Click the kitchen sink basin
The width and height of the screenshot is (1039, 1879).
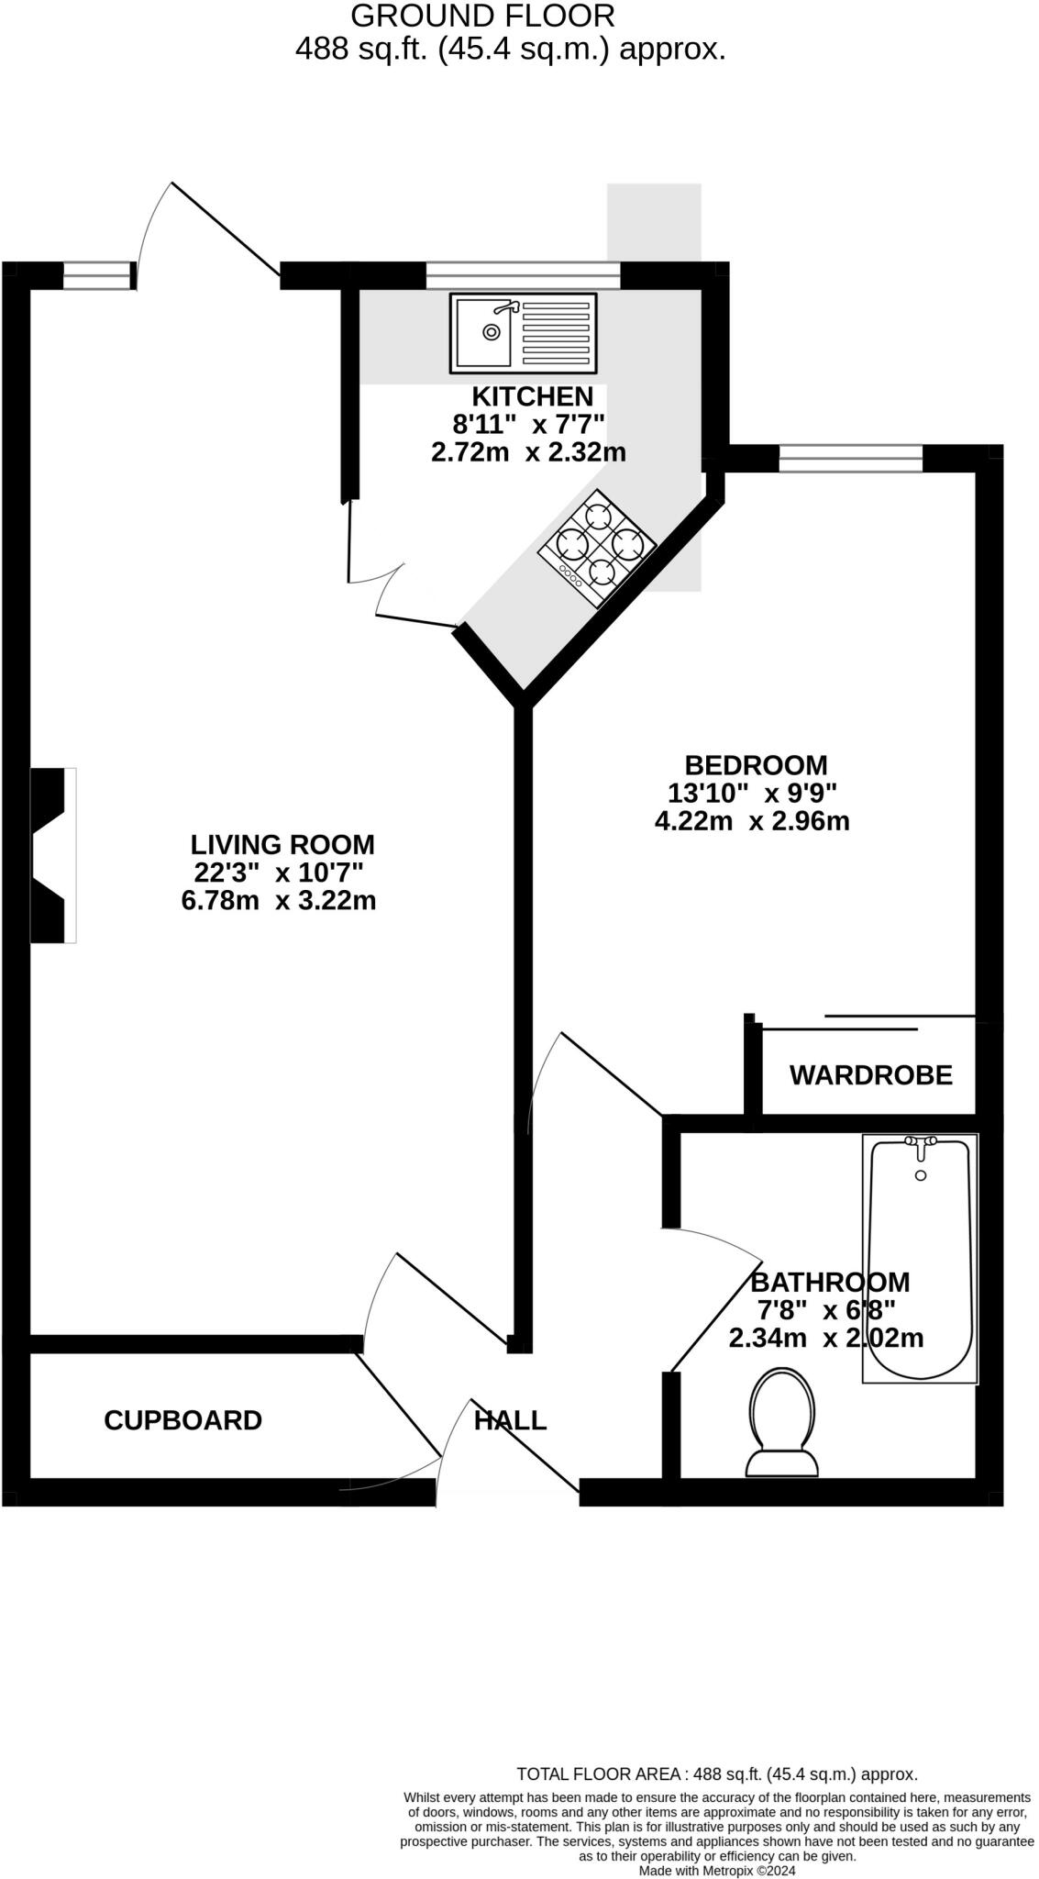pos(484,333)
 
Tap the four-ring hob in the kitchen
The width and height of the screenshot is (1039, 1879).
pos(597,547)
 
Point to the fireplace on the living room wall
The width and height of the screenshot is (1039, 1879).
pos(52,855)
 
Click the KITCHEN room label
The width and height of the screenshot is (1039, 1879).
pos(532,396)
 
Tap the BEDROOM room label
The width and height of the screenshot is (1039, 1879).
pos(756,764)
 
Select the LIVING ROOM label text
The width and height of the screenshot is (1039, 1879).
pos(282,844)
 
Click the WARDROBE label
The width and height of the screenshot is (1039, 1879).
pos(870,1074)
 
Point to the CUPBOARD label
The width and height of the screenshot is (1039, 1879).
pos(182,1420)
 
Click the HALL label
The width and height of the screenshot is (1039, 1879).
pos(510,1420)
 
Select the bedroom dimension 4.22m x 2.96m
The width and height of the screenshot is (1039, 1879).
pos(752,821)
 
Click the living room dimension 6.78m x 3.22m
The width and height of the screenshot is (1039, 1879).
pos(279,901)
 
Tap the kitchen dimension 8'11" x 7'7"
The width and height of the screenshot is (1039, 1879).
pos(529,424)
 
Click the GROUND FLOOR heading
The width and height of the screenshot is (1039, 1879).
pos(482,16)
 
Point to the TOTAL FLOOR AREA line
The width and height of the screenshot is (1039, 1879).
pos(717,1774)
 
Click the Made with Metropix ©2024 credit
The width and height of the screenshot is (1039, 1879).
pos(717,1871)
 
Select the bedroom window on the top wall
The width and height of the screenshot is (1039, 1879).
pos(850,458)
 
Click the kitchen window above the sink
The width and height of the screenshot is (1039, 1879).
pos(523,274)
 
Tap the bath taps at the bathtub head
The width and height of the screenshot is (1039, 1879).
pos(921,1142)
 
